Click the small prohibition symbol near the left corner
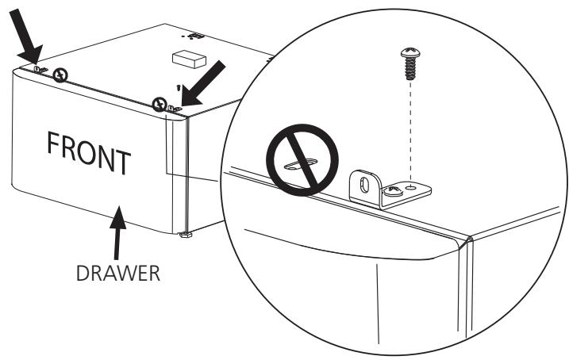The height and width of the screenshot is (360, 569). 61,75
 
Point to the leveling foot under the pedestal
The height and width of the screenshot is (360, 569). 186,235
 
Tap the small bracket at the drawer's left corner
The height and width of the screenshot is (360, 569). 40,71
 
